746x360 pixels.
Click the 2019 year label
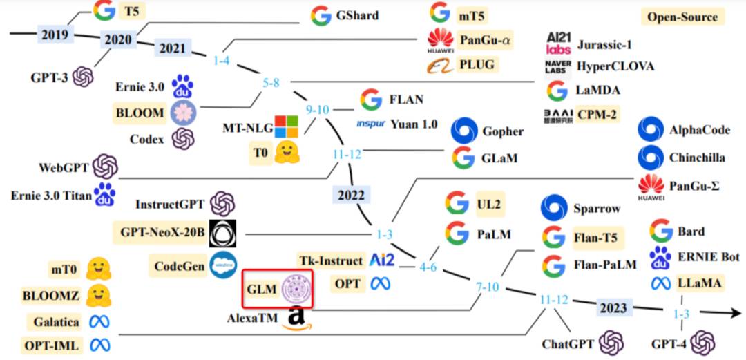pyautogui.click(x=55, y=33)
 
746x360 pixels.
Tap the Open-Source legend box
pyautogui.click(x=682, y=17)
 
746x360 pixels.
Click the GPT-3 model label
pyautogui.click(x=48, y=77)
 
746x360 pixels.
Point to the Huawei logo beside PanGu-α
pyautogui.click(x=441, y=40)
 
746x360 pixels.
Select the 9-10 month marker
pyautogui.click(x=318, y=109)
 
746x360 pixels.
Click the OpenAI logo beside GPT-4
pyautogui.click(x=702, y=341)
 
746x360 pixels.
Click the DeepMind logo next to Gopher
pyautogui.click(x=464, y=131)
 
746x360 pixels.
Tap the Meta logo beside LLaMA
pyautogui.click(x=660, y=283)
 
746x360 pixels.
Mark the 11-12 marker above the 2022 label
pyautogui.click(x=347, y=154)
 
